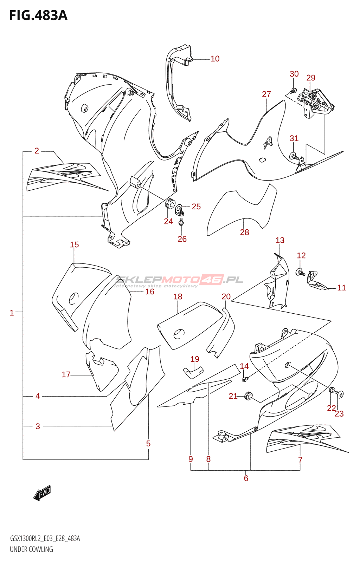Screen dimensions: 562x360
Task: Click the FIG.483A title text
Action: (x=38, y=15)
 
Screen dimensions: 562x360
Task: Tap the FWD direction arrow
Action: (x=42, y=493)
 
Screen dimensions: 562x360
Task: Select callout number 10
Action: (x=215, y=59)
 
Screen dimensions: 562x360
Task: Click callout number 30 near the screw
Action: (x=294, y=74)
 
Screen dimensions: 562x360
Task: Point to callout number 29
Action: (x=311, y=78)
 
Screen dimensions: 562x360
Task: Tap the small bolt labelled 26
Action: (x=181, y=222)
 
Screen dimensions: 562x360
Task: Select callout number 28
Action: (x=244, y=232)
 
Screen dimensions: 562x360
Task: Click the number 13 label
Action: (x=280, y=240)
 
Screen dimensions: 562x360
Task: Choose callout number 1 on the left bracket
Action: (x=12, y=313)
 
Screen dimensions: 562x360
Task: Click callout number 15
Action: (x=74, y=245)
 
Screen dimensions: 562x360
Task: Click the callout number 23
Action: (x=339, y=414)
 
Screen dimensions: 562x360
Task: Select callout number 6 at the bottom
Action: (x=246, y=478)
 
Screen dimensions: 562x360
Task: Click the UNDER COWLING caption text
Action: (x=31, y=549)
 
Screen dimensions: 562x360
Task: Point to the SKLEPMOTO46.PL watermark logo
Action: (x=179, y=280)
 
